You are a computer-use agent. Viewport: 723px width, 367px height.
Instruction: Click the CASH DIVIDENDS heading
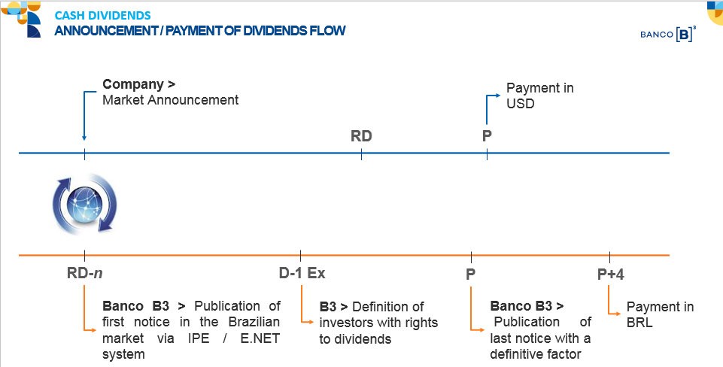102,15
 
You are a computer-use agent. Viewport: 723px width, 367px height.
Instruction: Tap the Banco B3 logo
668,34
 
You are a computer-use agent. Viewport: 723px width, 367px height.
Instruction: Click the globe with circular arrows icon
84,203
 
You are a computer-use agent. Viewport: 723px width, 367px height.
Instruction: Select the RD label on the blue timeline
361,136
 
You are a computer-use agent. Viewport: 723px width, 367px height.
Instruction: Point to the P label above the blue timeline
487,136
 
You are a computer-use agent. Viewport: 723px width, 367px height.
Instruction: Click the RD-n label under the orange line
84,273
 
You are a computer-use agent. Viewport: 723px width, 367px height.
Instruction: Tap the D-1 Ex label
302,273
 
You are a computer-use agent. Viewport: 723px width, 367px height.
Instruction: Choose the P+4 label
610,274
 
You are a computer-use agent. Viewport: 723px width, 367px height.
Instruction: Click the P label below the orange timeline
470,274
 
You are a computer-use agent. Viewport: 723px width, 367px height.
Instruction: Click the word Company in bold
133,84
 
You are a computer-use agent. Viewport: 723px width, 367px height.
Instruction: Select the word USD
520,103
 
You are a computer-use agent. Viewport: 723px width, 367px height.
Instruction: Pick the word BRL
639,322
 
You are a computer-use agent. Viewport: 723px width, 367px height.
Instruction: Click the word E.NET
260,338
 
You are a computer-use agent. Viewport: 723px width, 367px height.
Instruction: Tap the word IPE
199,338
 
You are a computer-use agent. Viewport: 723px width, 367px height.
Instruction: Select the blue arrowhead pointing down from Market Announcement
84,137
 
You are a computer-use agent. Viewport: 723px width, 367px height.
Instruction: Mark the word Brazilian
254,322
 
